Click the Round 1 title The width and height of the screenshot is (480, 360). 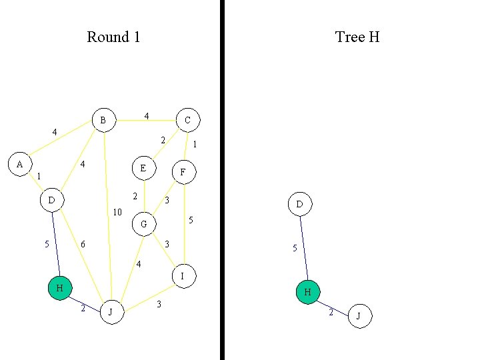coord(113,37)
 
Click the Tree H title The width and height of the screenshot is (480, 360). coord(357,37)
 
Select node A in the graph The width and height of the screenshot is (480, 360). coord(19,164)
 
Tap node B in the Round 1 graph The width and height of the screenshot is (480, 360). coord(103,120)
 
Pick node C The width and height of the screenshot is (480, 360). coord(187,120)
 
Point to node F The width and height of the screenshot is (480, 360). coord(183,172)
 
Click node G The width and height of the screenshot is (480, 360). coord(143,225)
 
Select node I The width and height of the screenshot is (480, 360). coord(183,275)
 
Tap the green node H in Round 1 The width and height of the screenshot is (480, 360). coord(59,288)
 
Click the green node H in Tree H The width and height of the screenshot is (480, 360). coord(308,292)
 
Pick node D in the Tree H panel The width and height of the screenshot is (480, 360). coord(299,204)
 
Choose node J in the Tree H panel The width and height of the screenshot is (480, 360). coord(359,316)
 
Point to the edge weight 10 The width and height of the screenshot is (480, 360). coord(117,213)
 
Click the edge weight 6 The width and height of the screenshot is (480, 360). coord(83,245)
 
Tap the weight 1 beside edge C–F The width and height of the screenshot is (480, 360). coord(194,144)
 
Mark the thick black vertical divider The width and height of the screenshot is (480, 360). coord(222,180)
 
